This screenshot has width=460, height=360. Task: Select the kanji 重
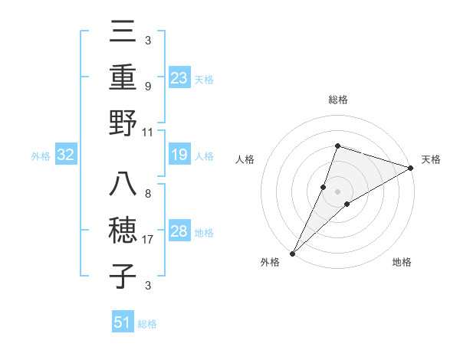coord(123,77)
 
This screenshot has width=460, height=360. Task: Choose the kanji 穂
coord(123,231)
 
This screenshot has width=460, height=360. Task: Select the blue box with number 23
coord(179,77)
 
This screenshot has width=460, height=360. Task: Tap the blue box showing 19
coord(179,155)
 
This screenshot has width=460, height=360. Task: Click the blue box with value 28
coord(179,231)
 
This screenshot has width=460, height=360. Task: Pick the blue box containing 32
coord(65,155)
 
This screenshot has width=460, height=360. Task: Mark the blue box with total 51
coord(123,322)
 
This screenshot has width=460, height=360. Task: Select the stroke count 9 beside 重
coord(147,87)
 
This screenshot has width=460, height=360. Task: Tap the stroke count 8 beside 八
coord(147,194)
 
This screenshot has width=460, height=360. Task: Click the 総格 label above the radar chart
coord(337,100)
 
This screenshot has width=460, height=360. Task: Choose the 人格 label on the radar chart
coord(245,159)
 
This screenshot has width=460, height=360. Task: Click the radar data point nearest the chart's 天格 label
coord(411,168)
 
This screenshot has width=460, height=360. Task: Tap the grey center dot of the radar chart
coord(337,191)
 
